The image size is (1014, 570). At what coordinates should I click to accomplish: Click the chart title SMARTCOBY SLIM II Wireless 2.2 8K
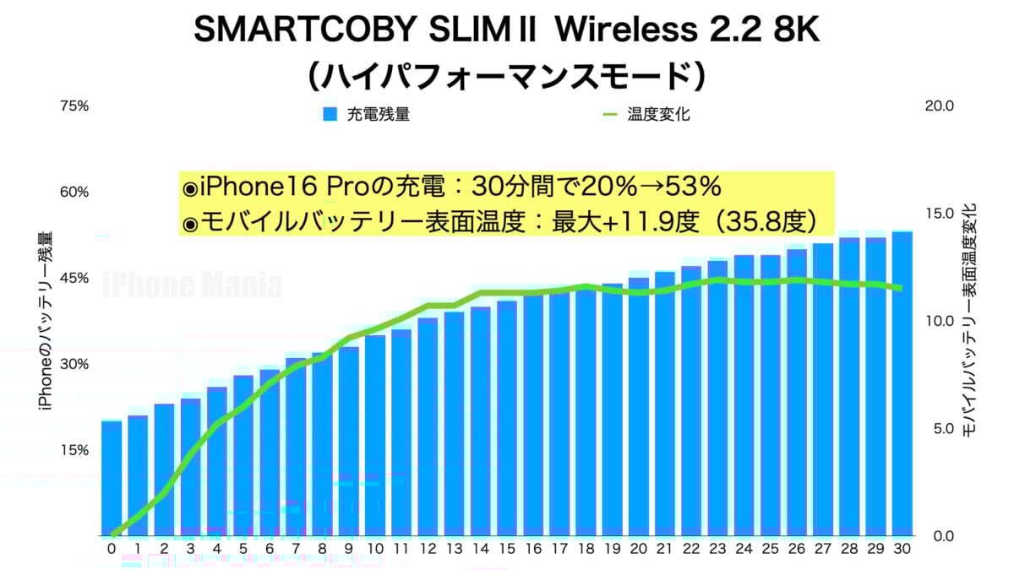(506, 32)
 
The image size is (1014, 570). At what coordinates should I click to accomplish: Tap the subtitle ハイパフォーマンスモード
(506, 76)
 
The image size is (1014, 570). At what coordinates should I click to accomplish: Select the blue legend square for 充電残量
(330, 114)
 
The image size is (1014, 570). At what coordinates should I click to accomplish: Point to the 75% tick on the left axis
(74, 106)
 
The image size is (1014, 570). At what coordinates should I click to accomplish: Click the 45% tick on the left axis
(74, 279)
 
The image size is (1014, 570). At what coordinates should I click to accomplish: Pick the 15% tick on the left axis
(74, 450)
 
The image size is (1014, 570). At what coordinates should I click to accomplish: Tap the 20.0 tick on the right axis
(940, 106)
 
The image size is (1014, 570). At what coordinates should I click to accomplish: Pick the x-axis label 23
(717, 549)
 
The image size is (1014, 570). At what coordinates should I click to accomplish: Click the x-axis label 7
(296, 549)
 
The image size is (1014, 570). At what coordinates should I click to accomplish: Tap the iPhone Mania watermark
(193, 285)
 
